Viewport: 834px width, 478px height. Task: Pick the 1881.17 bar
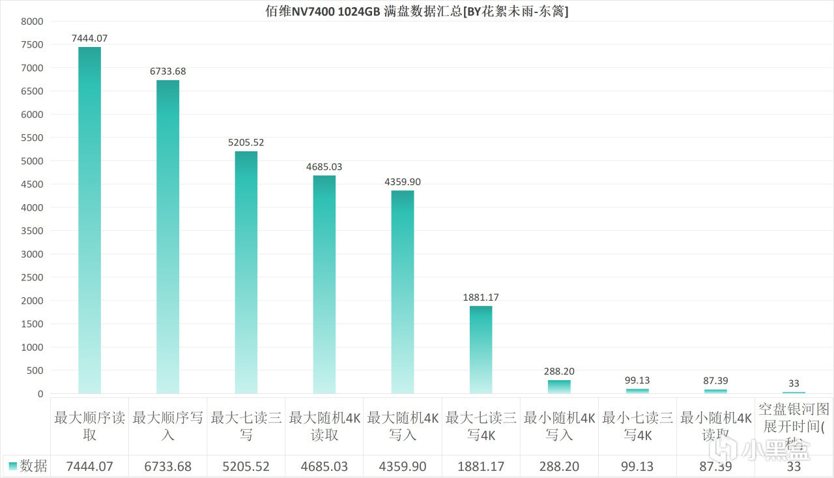481,350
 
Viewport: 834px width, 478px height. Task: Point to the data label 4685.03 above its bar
324,167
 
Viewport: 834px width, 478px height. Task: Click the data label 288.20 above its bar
559,372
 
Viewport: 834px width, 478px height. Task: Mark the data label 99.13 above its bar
637,380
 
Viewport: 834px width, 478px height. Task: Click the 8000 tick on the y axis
33,22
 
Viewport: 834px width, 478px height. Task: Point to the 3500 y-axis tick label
33,231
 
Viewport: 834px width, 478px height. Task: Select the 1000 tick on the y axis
33,348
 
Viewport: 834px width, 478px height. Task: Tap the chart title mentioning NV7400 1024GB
417,10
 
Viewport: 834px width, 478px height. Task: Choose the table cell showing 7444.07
89,466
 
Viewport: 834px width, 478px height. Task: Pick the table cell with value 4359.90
403,466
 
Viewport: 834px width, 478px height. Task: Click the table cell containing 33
794,466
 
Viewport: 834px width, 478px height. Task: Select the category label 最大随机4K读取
324,426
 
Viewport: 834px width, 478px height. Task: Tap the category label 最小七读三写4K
637,426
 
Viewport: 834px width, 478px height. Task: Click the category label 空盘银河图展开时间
794,426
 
